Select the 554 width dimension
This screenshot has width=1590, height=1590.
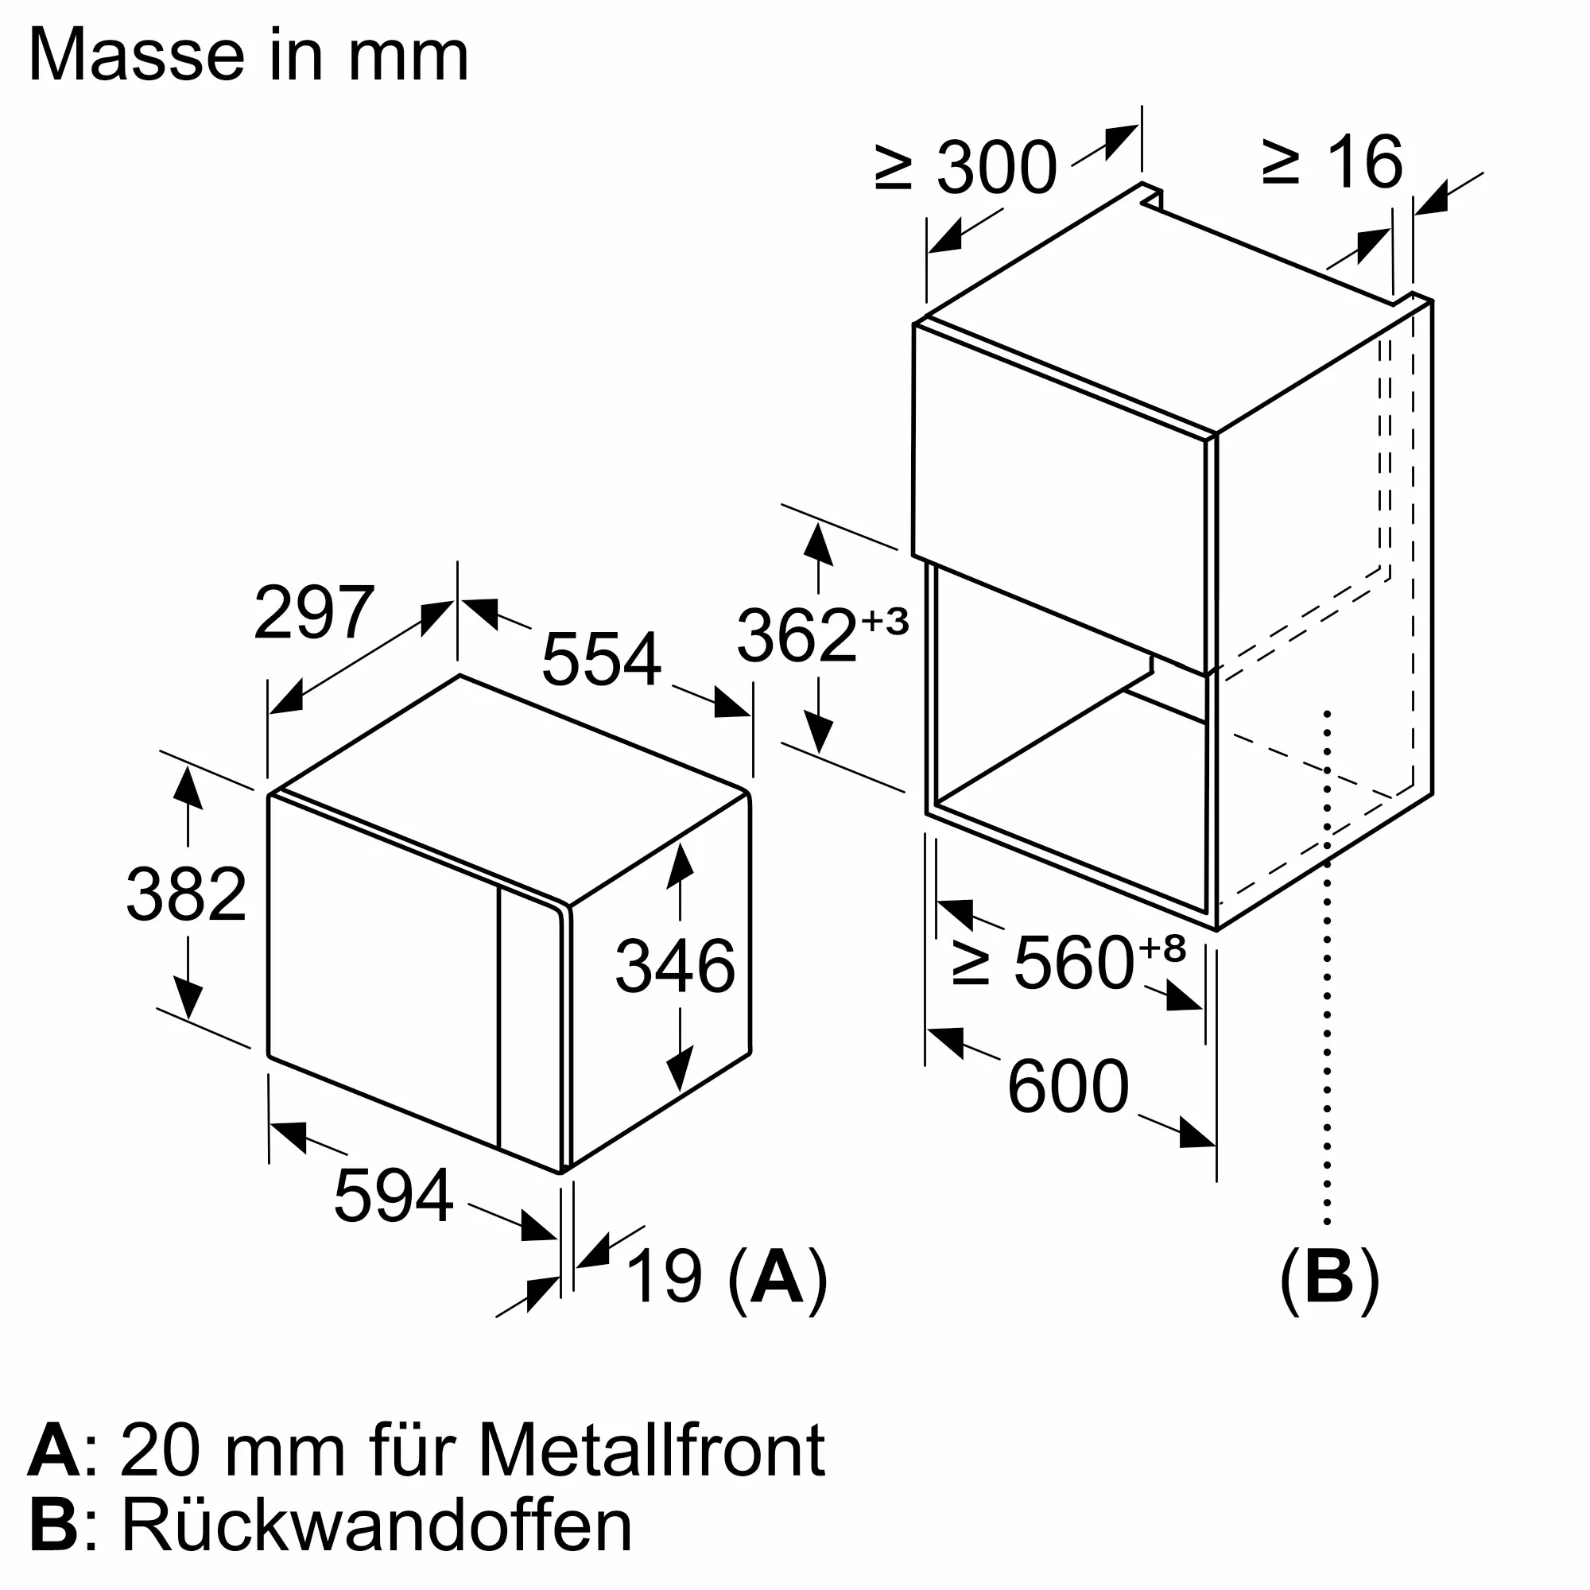(x=602, y=658)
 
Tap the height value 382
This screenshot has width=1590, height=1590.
(x=186, y=894)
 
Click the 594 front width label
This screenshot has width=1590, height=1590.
(x=394, y=1196)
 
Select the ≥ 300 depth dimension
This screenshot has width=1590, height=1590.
(x=966, y=167)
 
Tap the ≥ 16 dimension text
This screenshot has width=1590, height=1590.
(x=1332, y=161)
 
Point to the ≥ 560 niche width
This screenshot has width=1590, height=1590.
(x=1044, y=962)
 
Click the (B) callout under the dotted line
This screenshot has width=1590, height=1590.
(x=1329, y=1278)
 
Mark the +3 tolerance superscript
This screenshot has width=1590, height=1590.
(x=885, y=622)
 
